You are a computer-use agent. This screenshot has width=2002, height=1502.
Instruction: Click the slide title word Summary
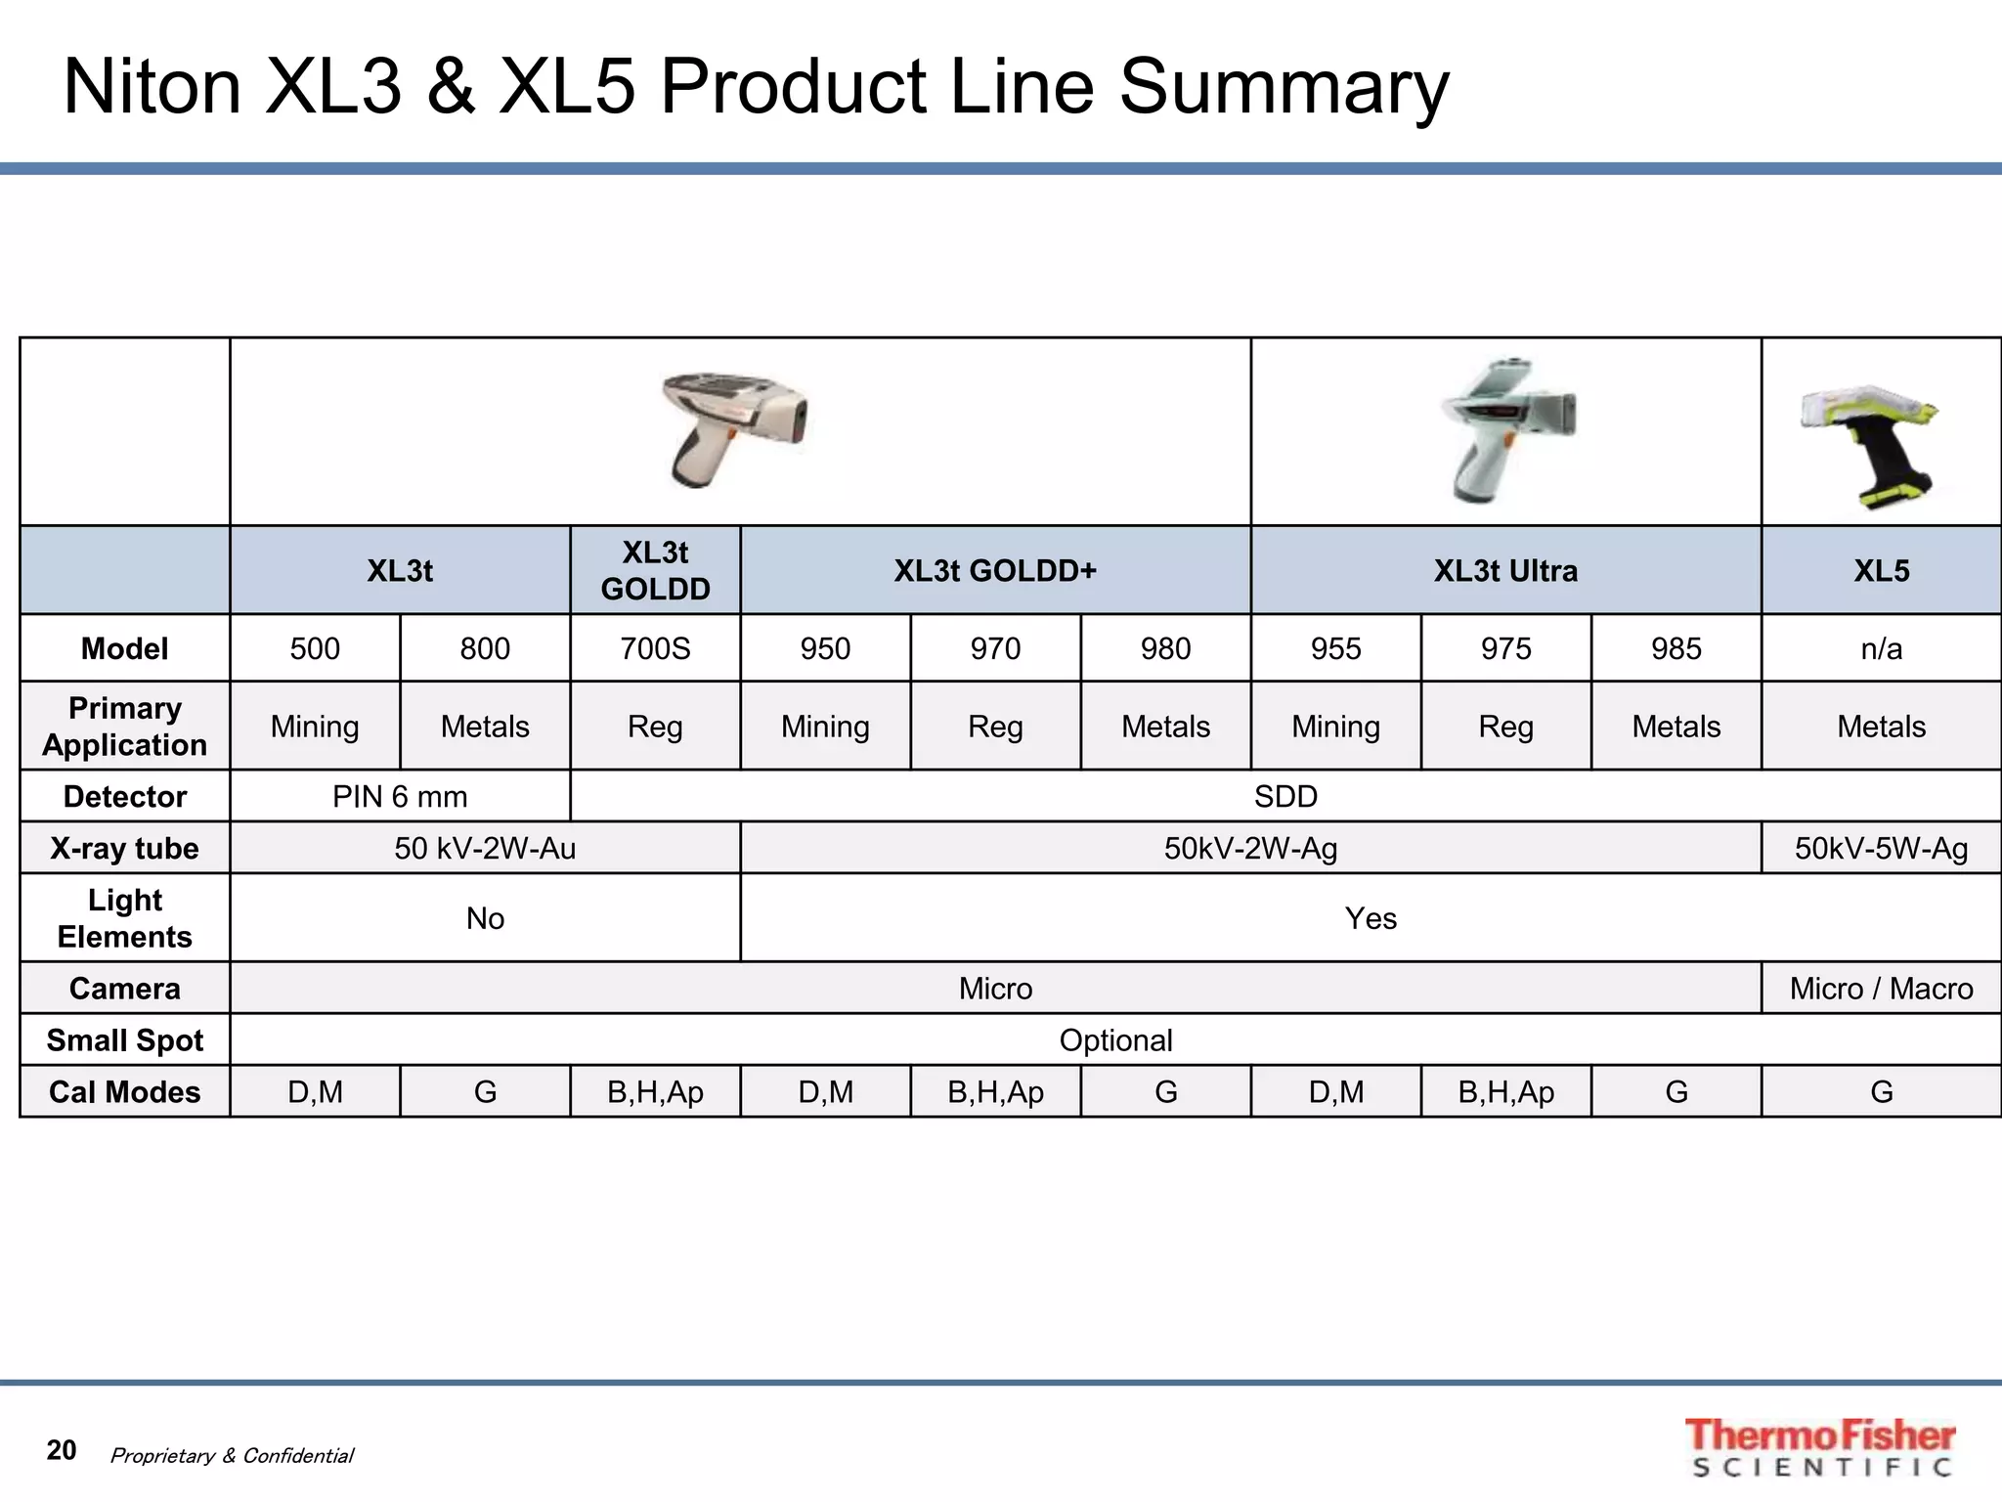[x=1283, y=88]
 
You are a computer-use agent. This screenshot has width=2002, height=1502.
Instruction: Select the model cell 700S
[x=655, y=648]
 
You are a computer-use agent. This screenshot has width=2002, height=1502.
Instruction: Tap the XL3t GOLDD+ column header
[x=995, y=570]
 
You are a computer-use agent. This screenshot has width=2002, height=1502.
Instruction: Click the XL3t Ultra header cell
[x=1505, y=570]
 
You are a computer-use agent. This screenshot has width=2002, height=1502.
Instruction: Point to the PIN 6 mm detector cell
[x=400, y=796]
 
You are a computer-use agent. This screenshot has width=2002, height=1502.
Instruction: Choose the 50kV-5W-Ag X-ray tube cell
[x=1881, y=848]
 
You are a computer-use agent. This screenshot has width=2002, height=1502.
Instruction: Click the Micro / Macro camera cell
[x=1881, y=989]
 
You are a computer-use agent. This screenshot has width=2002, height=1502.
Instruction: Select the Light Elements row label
[x=125, y=918]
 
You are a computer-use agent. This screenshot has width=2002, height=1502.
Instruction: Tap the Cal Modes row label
[x=125, y=1091]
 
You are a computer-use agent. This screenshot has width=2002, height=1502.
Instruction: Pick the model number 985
[x=1676, y=648]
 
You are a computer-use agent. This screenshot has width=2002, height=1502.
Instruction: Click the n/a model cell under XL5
[x=1881, y=648]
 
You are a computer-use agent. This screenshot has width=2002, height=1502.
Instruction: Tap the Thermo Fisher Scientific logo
[x=1820, y=1446]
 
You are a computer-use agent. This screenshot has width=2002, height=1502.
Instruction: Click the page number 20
[x=62, y=1450]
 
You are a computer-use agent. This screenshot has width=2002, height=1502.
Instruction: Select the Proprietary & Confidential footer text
[x=232, y=1455]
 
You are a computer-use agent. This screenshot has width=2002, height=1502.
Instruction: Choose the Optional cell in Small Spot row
[x=1115, y=1040]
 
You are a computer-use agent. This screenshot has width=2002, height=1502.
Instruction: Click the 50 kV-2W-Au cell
[x=485, y=848]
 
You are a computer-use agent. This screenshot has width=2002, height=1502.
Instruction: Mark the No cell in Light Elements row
[x=485, y=918]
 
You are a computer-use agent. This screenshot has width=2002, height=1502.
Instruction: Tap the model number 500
[x=315, y=648]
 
